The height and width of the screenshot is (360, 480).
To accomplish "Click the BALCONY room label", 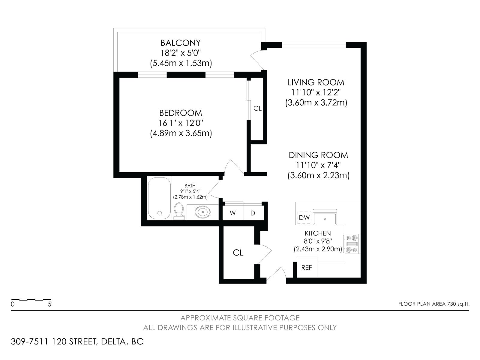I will pos(180,43).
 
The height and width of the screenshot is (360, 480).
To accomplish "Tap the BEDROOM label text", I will pos(180,113).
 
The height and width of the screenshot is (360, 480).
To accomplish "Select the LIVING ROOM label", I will pos(316,82).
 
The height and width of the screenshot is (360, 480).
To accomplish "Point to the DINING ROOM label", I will pos(318,155).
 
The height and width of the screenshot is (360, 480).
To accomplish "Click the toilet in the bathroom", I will pos(179,211).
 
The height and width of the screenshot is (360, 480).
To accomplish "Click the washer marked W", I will pos(232,213).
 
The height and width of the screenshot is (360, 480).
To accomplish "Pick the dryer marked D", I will pos(253,213).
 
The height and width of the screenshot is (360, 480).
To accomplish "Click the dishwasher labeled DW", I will pos(304,217).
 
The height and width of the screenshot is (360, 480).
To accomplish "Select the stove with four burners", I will pos(352,244).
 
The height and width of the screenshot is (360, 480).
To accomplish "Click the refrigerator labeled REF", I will pos(307,267).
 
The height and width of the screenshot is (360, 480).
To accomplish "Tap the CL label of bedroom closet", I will pos(257,109).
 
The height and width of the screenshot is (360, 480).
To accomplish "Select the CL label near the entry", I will pos(238,253).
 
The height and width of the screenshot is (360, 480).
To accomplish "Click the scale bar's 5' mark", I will pos(50,304).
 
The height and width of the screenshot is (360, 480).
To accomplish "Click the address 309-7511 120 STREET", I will pos(54,342).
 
